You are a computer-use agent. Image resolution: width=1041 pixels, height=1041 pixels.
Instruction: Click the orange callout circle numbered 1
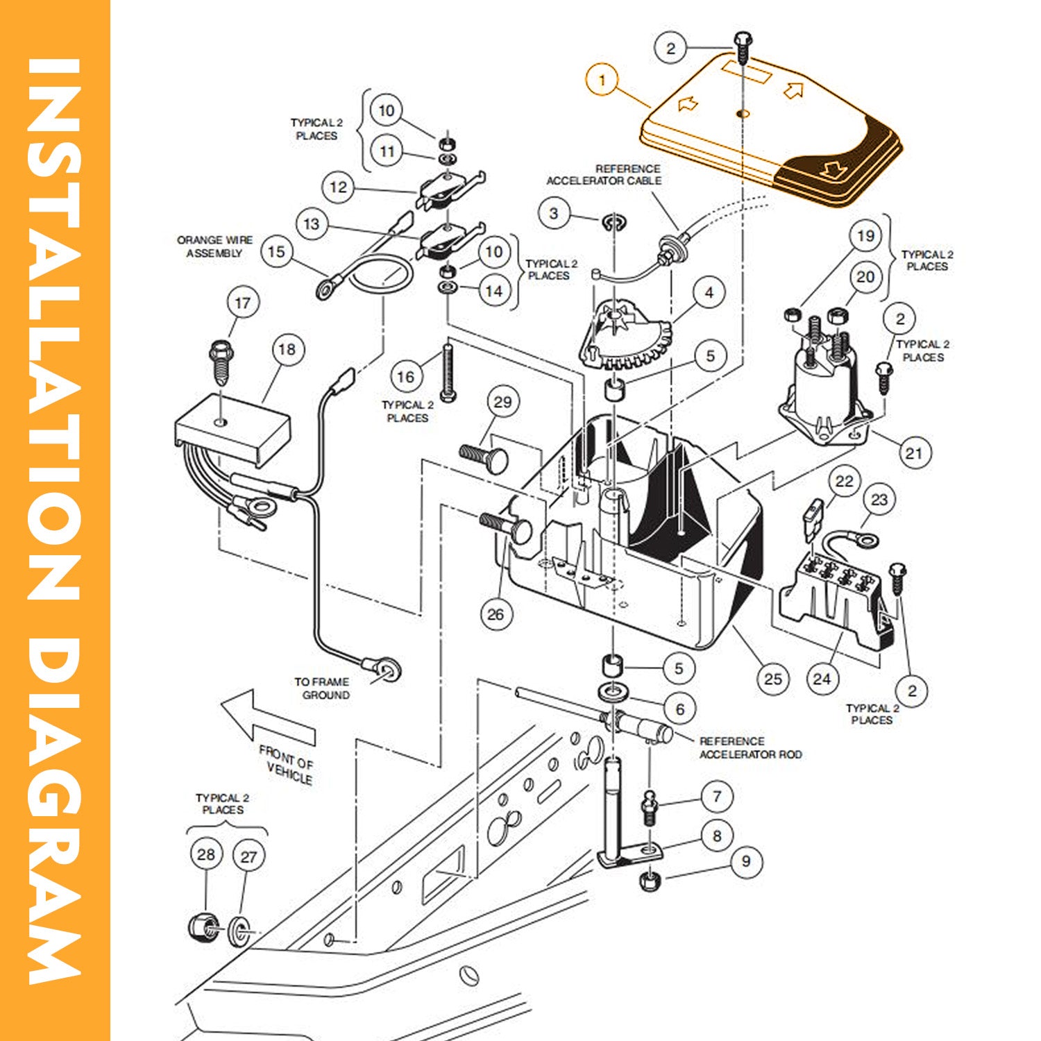tap(602, 80)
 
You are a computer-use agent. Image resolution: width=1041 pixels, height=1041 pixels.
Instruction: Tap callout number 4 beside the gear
tap(709, 293)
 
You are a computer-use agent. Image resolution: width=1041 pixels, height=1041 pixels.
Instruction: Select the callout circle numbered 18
tap(287, 349)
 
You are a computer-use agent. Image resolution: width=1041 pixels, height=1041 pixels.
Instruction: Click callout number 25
tap(772, 679)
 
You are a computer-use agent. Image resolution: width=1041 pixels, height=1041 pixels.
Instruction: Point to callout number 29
tap(502, 402)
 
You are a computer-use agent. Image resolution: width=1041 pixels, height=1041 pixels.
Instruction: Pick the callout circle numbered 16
tap(405, 377)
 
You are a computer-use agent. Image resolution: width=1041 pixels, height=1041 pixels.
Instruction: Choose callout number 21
tap(913, 453)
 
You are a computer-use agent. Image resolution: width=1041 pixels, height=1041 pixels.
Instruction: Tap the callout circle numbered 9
tap(745, 861)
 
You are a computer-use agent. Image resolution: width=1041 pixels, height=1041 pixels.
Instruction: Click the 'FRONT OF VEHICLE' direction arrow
tap(267, 718)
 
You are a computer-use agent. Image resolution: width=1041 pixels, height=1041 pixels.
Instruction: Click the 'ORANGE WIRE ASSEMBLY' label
tap(214, 246)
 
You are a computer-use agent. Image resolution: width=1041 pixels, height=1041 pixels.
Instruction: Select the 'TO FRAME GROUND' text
tap(323, 688)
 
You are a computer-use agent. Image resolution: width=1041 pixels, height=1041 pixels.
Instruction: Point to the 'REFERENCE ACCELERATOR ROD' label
tap(750, 747)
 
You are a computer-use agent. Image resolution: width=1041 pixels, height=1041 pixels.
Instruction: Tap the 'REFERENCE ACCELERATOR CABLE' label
tap(604, 174)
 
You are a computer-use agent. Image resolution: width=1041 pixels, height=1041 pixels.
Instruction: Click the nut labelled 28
tap(203, 925)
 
